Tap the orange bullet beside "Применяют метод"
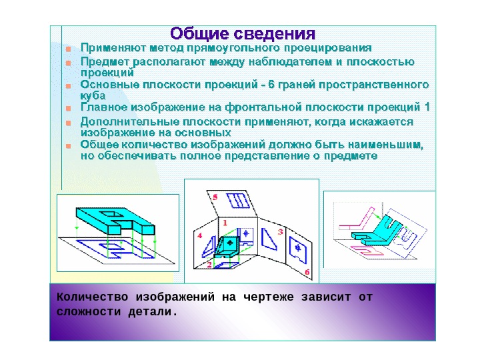click(x=68, y=49)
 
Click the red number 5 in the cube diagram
click(x=215, y=198)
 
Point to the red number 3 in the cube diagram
click(x=281, y=231)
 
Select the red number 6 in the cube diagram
click(x=307, y=272)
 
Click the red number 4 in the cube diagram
click(x=199, y=236)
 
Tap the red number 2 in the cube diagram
click(x=209, y=265)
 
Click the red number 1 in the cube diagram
click(x=225, y=222)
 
